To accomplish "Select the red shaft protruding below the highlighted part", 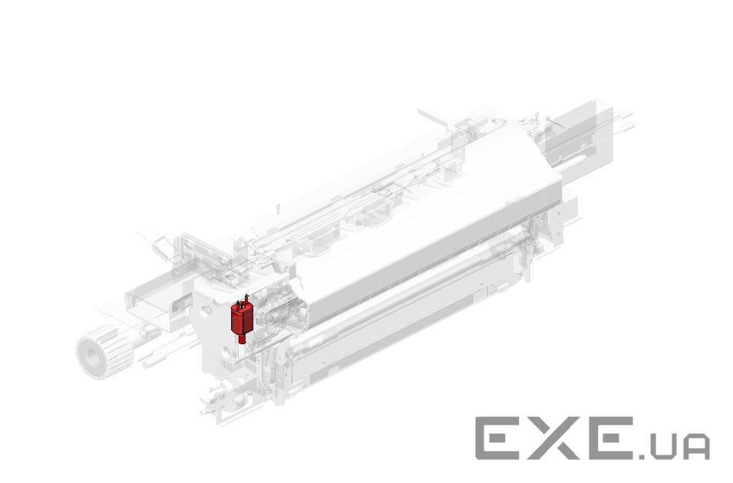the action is pos(242,339).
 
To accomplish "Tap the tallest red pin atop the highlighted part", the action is pos(246,298).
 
